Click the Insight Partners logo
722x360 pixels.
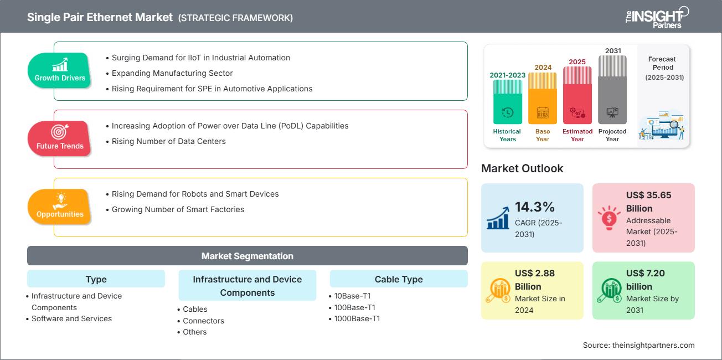coord(656,17)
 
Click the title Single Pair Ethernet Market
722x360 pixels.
coord(100,17)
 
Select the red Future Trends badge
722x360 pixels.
coord(59,138)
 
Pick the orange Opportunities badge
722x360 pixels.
coord(60,207)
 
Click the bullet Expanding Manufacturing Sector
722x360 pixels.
coord(172,73)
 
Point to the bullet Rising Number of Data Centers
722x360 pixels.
coord(168,141)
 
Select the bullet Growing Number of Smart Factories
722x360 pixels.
coord(178,209)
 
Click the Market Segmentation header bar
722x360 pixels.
coord(247,256)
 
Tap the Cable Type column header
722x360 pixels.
coord(398,279)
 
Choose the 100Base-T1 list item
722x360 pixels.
coord(355,307)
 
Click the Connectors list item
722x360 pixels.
coord(203,321)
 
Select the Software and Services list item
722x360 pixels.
coord(71,318)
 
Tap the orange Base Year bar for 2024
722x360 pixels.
coord(543,98)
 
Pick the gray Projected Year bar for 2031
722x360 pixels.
coord(612,90)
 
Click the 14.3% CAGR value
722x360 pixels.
coord(534,207)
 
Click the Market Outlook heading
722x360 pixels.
coord(522,168)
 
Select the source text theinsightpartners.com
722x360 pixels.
coord(638,345)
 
